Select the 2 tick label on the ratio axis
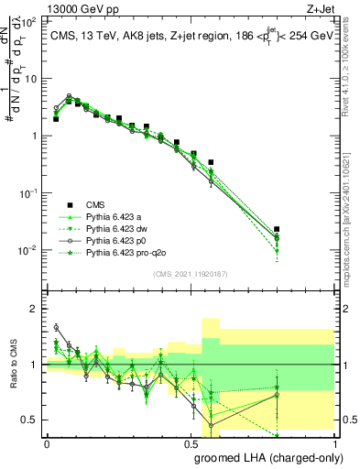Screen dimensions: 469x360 [x=36, y=309]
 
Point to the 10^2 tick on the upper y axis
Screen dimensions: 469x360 [x=29, y=21]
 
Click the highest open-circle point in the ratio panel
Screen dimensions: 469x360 [x=56, y=327]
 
